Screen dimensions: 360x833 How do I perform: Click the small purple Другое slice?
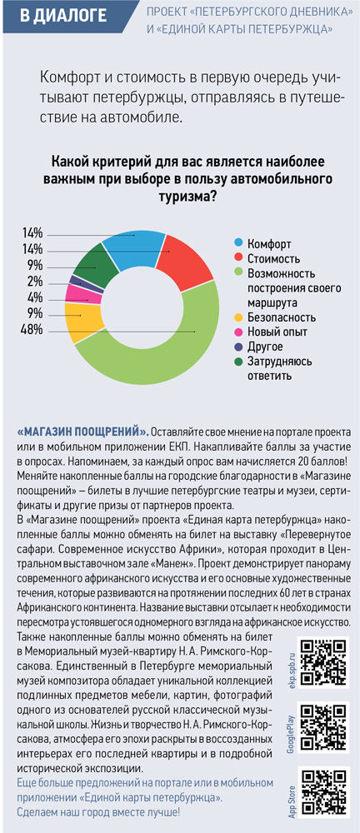(78, 280)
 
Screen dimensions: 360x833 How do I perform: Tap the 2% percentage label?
(36, 283)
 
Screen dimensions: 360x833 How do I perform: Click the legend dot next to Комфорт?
(239, 244)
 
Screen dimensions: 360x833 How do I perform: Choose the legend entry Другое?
(259, 347)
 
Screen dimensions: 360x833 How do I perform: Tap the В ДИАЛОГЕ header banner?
(64, 17)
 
